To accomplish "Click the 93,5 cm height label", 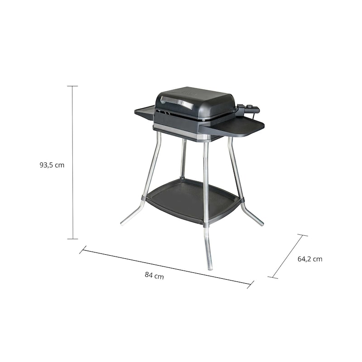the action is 52,165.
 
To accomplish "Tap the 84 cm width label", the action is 154,275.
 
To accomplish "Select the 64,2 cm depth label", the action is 310,259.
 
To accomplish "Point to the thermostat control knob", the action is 250,106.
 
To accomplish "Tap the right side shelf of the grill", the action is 233,128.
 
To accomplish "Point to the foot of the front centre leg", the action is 210,268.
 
